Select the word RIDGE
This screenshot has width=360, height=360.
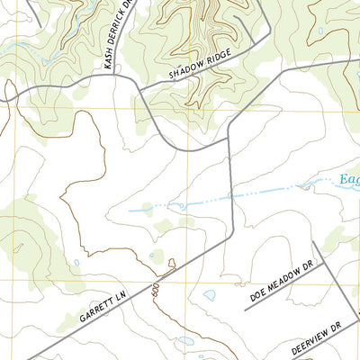point(219,58)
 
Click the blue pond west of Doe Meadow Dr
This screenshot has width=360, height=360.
point(209,294)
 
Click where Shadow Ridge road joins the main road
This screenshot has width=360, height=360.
point(140,87)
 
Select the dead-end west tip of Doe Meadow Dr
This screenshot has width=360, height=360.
point(245,309)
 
